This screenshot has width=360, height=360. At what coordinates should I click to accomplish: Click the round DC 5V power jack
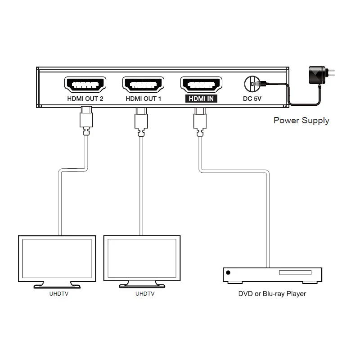tap(252, 84)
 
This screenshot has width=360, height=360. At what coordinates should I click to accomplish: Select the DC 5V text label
tap(252, 99)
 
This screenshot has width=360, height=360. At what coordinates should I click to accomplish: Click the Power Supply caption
tap(301, 120)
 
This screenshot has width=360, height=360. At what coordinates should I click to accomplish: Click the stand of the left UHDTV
tap(57, 284)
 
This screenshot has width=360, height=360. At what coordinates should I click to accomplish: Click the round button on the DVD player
tap(229, 273)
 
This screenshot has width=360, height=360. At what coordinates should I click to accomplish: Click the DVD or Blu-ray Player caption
tap(272, 294)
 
